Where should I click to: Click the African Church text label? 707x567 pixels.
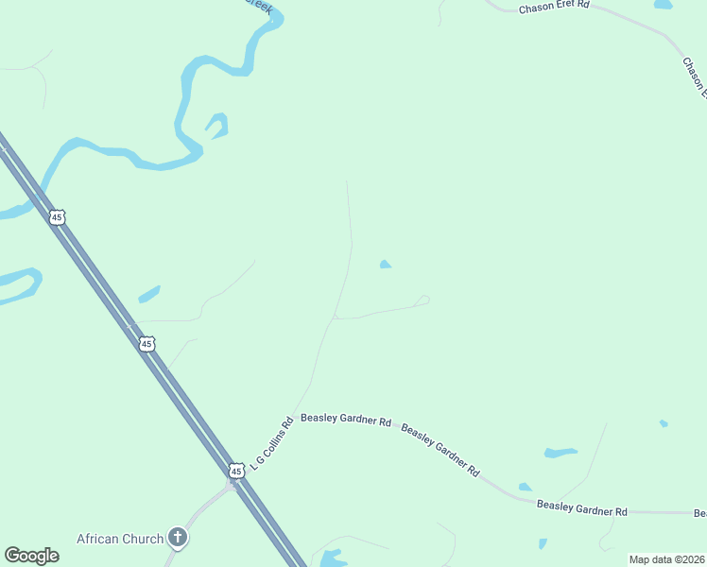click(121, 539)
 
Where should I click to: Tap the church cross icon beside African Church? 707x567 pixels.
click(177, 539)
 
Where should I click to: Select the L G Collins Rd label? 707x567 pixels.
click(273, 436)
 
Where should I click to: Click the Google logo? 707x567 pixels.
click(31, 556)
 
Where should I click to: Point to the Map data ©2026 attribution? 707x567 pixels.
click(666, 559)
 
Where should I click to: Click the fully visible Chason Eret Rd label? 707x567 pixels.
click(554, 7)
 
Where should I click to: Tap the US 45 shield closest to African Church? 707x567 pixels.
click(235, 470)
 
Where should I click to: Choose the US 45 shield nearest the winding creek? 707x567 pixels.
click(58, 217)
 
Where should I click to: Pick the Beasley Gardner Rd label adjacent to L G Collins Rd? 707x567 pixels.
click(345, 419)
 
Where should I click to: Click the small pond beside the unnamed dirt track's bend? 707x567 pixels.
click(385, 265)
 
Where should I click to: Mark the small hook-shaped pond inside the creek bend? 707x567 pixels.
click(218, 124)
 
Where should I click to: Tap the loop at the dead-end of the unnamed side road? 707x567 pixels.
click(422, 301)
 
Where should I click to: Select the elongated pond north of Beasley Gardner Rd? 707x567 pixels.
click(560, 453)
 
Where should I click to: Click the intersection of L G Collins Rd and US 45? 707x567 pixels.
click(232, 484)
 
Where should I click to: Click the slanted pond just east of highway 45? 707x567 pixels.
click(148, 295)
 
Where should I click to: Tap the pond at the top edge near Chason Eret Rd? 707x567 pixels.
click(663, 5)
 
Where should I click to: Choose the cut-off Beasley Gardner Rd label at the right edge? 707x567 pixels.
click(700, 513)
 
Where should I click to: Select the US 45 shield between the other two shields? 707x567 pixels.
click(147, 344)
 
